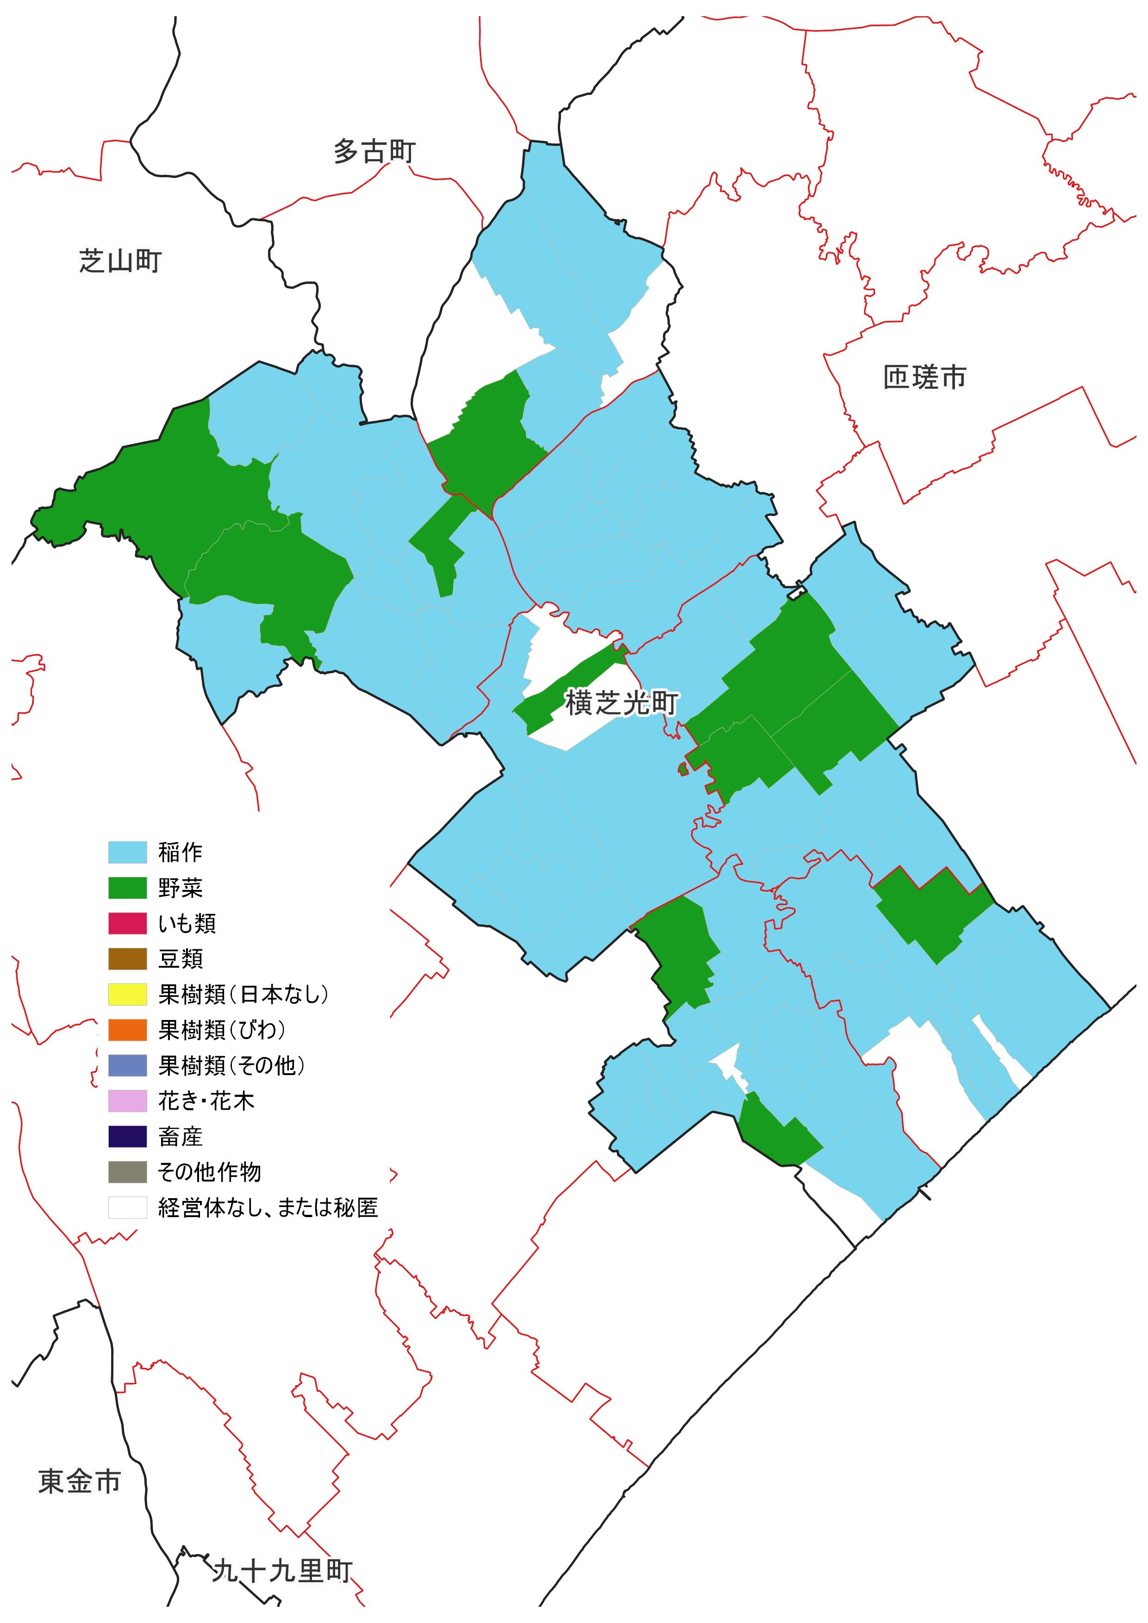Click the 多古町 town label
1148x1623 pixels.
(374, 151)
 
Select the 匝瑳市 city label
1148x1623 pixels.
(924, 378)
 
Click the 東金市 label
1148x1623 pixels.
(79, 1481)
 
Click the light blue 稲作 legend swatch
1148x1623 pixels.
(127, 852)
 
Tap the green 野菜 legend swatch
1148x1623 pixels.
(127, 888)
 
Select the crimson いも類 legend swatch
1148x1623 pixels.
(127, 923)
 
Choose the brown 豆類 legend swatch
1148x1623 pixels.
(127, 958)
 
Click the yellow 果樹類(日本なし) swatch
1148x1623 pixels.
(127, 995)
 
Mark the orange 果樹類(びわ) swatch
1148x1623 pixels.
(127, 1030)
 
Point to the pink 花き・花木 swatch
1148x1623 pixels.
(127, 1101)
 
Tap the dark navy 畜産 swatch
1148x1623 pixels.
(127, 1137)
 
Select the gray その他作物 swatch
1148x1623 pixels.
(127, 1172)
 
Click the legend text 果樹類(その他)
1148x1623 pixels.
(231, 1065)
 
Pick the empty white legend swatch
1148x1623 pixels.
(127, 1207)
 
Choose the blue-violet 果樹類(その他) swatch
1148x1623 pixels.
(127, 1065)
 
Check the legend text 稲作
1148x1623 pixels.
(180, 852)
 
